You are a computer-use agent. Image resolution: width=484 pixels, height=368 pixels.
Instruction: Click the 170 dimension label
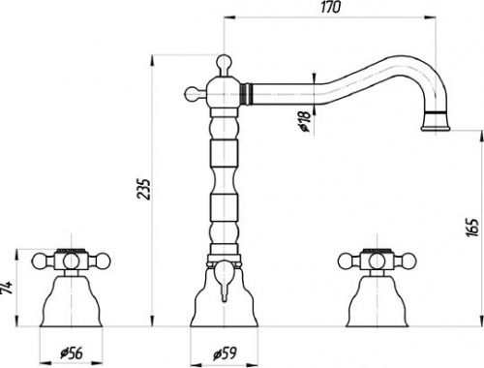(330, 7)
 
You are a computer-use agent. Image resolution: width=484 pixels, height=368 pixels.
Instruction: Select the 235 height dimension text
(143, 189)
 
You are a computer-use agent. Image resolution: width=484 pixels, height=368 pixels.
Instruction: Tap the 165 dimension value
(472, 228)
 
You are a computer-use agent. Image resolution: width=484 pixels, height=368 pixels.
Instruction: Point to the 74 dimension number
(7, 287)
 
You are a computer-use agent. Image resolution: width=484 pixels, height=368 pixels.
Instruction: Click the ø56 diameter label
(72, 353)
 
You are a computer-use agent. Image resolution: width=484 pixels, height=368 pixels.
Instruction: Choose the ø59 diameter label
(225, 353)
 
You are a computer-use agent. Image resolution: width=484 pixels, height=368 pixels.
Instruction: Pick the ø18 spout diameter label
(305, 121)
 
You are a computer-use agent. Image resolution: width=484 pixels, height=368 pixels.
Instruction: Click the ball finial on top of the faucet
(224, 61)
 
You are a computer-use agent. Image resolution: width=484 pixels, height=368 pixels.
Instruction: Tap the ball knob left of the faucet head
(191, 94)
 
